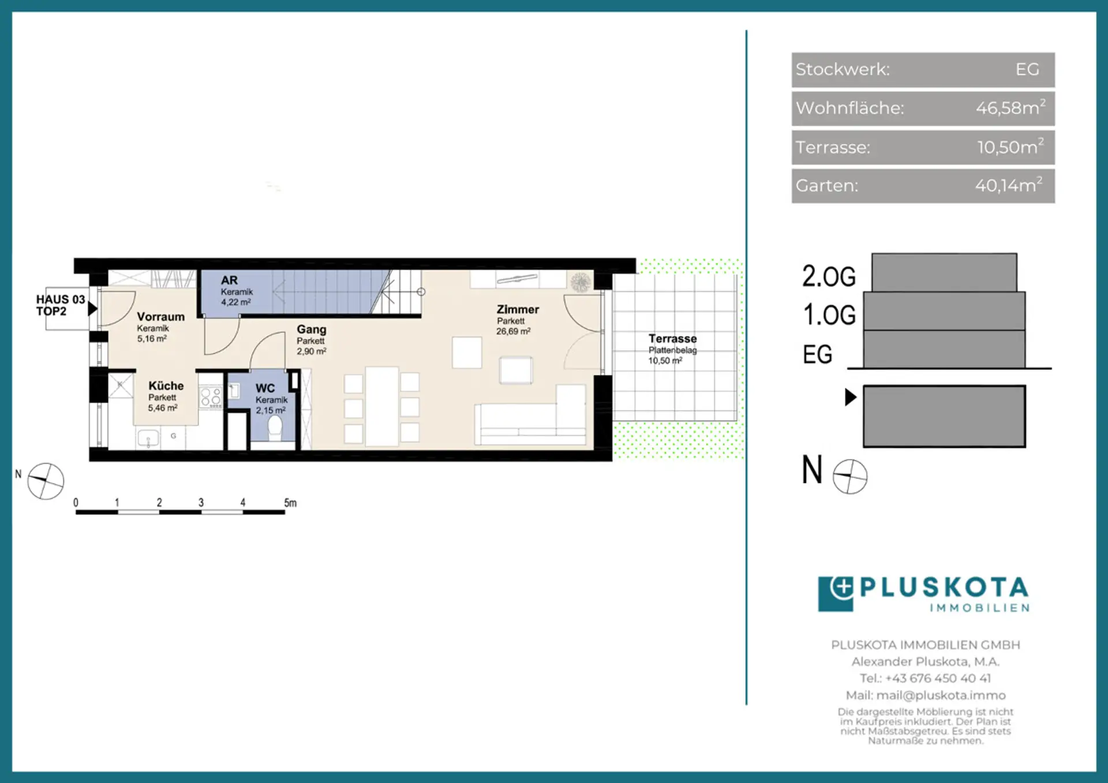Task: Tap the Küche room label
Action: [166, 385]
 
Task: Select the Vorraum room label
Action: [161, 316]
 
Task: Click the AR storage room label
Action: [229, 280]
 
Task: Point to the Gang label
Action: [312, 329]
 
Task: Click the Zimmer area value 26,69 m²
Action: [513, 331]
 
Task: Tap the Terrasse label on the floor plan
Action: [672, 339]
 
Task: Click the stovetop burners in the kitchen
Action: [211, 397]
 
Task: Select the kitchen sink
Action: [148, 439]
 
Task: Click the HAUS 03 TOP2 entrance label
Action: [60, 305]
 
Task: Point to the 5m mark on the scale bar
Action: [290, 503]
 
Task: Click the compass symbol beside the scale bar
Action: [46, 481]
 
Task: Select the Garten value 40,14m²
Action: [1009, 185]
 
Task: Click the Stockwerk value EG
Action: [1027, 69]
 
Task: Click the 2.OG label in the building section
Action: [829, 276]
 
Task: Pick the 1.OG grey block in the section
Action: [944, 311]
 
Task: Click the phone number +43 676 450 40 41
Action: [938, 678]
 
